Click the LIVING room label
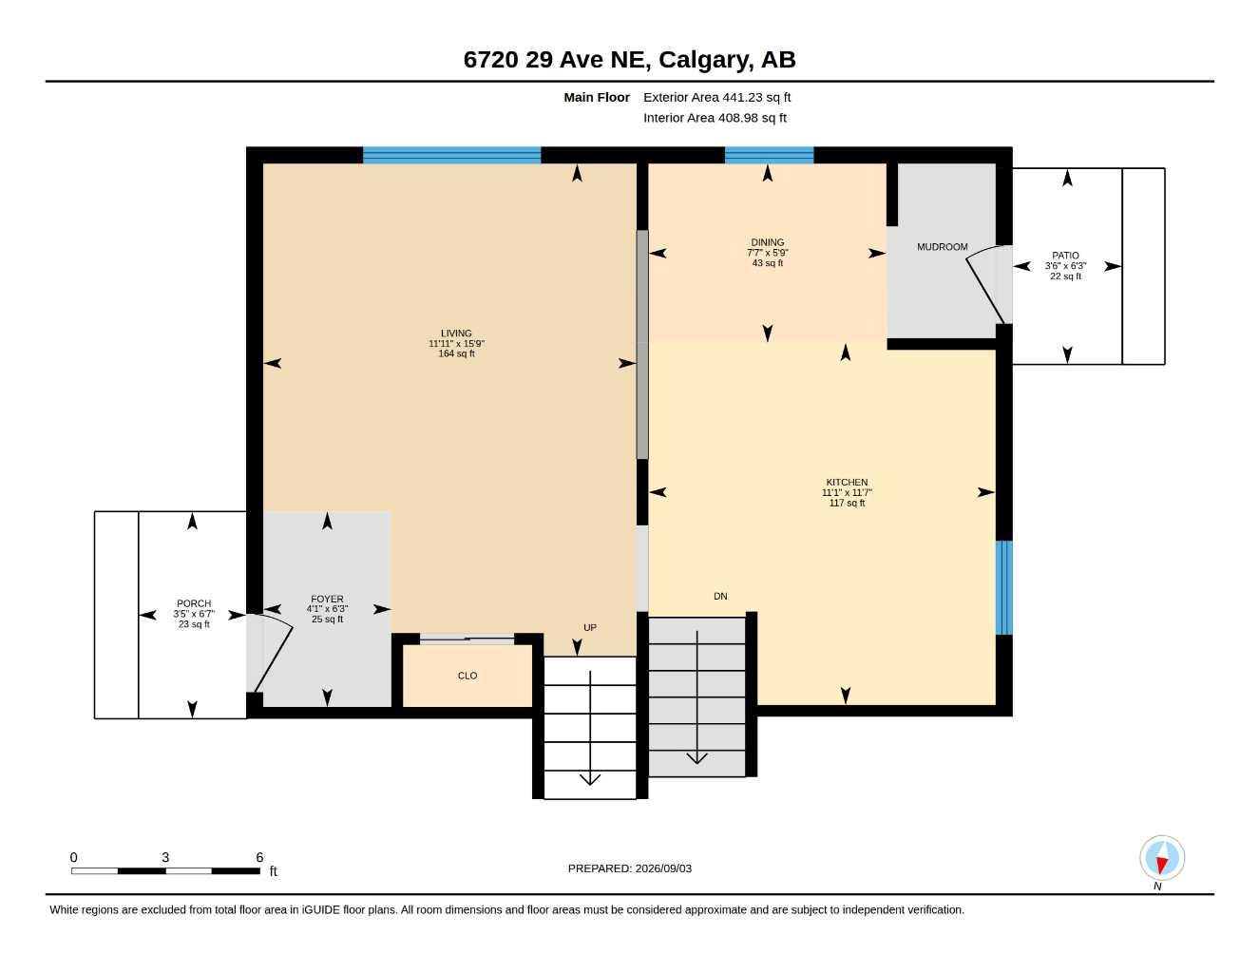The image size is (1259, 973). coord(456,333)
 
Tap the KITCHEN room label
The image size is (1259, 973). coord(847,482)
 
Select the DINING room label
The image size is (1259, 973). coord(767,242)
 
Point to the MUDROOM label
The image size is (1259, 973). coord(942,247)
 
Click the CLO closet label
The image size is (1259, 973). coord(467,676)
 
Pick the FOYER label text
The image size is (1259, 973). coord(327,599)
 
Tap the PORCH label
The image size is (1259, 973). coord(194,603)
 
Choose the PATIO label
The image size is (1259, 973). coord(1065,256)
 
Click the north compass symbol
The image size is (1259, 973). coord(1162,858)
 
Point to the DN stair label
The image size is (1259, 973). coord(720,596)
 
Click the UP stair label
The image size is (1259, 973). coord(590,627)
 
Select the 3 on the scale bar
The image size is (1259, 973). coord(165,857)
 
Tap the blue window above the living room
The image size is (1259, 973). coord(452,155)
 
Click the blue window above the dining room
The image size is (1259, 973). coord(769,155)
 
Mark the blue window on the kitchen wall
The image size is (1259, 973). coord(1004,587)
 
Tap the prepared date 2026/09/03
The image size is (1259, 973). coord(663,868)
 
